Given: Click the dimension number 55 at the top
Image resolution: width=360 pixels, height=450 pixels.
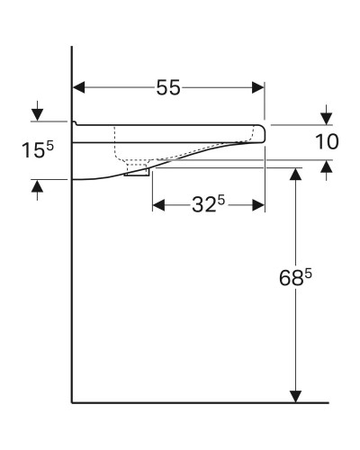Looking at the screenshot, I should (x=168, y=87).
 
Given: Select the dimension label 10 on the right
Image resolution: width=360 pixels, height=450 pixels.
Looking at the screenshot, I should (x=327, y=141).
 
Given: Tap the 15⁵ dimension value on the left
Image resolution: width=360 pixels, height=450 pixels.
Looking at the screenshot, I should (x=36, y=150).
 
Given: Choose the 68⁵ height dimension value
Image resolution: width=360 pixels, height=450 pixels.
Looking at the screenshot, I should (x=294, y=280).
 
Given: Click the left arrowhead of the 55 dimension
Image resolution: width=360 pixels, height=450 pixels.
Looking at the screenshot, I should (x=78, y=87).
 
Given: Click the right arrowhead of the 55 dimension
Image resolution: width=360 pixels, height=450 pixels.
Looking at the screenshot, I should (x=259, y=87).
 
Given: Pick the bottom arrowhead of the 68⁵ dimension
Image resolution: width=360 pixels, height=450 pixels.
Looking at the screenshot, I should (x=294, y=396).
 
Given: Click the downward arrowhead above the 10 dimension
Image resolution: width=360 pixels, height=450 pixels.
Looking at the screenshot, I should (x=326, y=118).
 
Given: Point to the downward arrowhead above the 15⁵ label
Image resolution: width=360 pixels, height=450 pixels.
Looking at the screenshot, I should (x=37, y=114).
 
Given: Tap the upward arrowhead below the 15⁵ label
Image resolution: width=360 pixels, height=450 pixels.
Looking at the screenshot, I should (x=37, y=185).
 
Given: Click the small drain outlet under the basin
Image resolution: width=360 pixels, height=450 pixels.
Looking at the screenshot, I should (x=138, y=171).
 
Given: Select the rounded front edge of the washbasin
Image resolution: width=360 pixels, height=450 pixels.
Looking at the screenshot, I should (x=263, y=133).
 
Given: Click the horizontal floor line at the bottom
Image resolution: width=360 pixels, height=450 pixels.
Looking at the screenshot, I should (x=198, y=402).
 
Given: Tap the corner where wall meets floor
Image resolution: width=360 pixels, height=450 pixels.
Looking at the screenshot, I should (x=72, y=402).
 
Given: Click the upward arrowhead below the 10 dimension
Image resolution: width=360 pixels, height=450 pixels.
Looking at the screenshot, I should (x=326, y=166).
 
